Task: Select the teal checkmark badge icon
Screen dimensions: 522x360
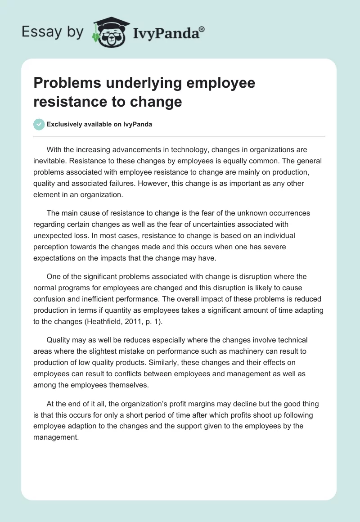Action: (x=39, y=124)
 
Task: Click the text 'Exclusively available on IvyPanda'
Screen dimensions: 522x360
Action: (x=99, y=124)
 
